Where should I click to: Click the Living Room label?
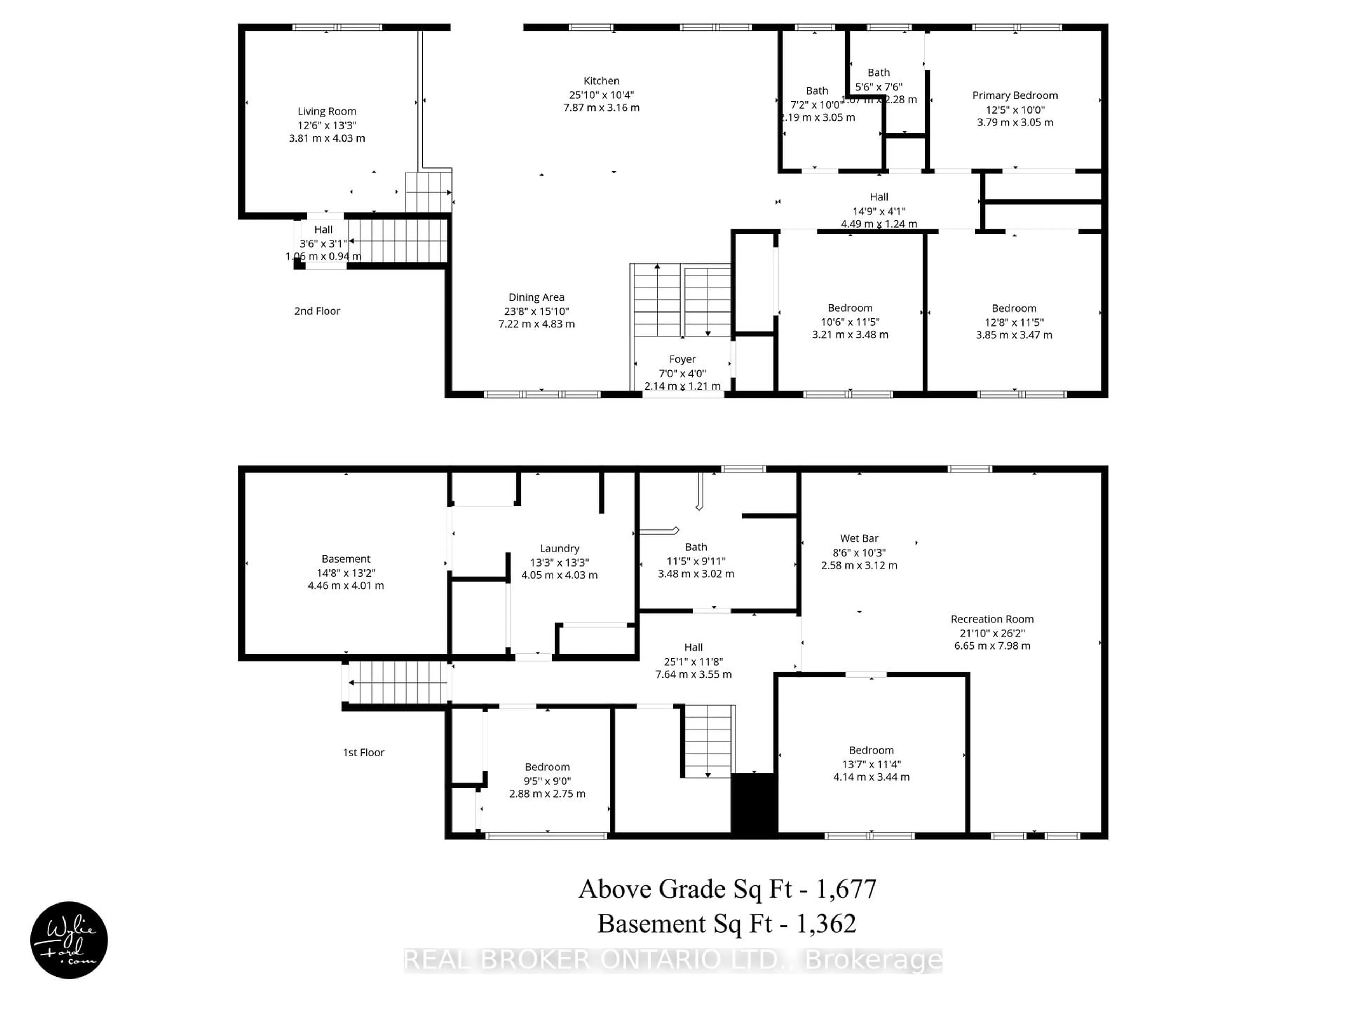[x=327, y=111]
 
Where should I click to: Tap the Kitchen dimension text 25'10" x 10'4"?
[x=601, y=95]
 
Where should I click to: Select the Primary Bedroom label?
[x=1014, y=96]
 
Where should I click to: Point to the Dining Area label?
[x=536, y=297]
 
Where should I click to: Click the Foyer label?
[x=682, y=359]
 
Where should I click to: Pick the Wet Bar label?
[x=858, y=538]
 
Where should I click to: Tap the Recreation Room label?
[x=992, y=619]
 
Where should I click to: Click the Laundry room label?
[x=559, y=549]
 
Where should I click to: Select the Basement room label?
[x=346, y=559]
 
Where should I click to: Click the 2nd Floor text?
[x=317, y=311]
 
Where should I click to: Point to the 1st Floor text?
[x=363, y=752]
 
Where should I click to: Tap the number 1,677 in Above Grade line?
[x=845, y=889]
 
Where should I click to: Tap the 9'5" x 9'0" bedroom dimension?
[x=547, y=781]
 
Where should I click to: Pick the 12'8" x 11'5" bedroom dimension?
[x=1014, y=322]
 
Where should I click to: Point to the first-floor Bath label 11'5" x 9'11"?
[x=695, y=547]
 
